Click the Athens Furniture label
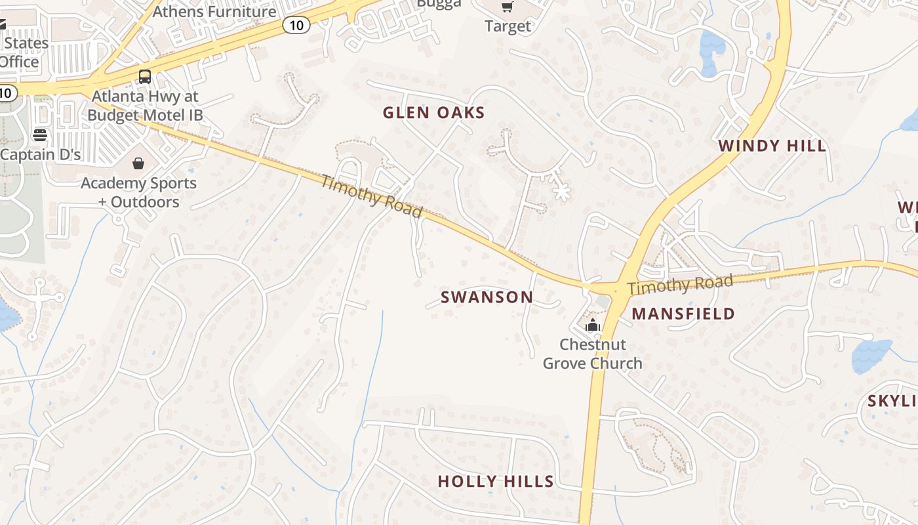pos(214,11)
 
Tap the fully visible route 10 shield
pos(296,25)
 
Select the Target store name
pos(508,26)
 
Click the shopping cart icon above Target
pos(507,7)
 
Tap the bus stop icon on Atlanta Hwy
pos(145,76)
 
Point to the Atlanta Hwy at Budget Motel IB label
pos(145,106)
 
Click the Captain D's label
pos(41,155)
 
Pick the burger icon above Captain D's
pos(40,135)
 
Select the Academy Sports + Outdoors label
pos(138,192)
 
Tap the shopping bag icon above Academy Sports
pos(138,163)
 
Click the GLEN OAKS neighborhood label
pos(433,113)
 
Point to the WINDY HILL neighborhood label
pos(772,146)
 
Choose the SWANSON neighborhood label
pos(487,297)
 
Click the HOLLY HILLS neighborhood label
pos(496,481)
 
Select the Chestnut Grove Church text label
pos(593,354)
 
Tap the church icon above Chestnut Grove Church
pos(593,325)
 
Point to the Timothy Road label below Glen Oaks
pos(371,196)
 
